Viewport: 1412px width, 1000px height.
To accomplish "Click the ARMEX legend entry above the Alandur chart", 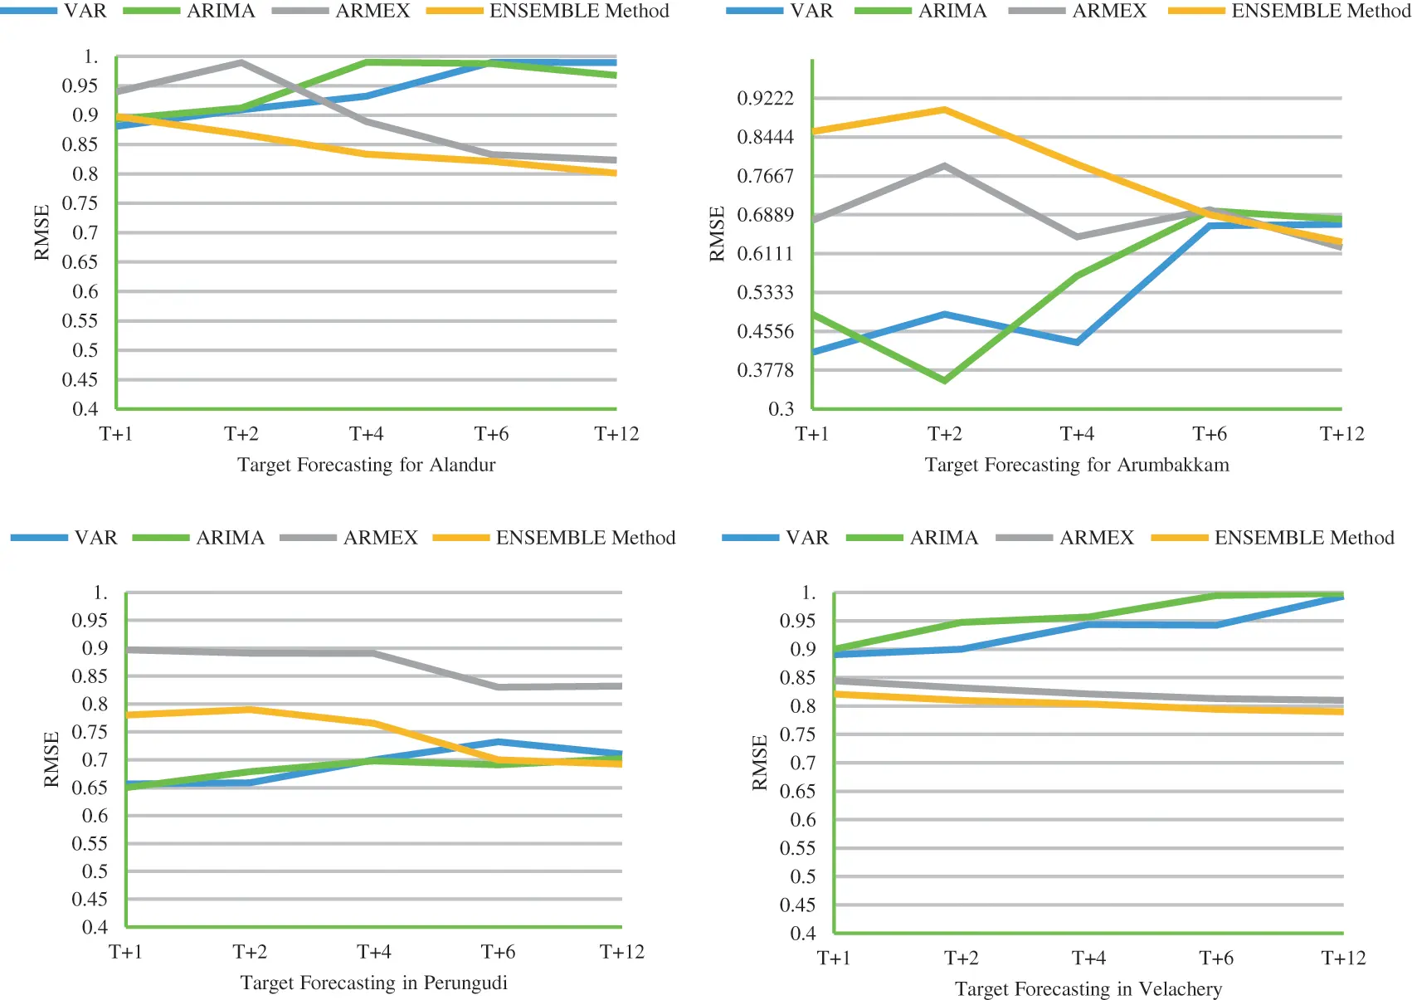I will pos(372,11).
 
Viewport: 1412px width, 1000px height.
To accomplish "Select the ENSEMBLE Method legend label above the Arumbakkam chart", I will pos(1321,11).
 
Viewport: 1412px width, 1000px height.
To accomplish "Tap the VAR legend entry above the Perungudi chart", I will pos(95,538).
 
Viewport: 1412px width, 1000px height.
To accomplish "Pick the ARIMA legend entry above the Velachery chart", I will pos(943,538).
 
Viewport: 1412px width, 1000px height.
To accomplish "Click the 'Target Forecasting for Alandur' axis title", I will pos(366,465).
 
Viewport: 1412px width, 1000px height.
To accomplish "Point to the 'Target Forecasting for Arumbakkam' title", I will pos(1077,465).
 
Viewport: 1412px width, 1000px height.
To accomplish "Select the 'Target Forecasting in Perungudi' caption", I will pos(373,983).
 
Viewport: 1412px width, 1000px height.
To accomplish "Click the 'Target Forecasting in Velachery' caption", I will pos(1088,989).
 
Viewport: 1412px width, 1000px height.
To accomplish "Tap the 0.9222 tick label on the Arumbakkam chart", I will pos(765,99).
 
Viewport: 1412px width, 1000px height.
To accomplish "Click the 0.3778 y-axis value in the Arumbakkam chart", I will pos(765,370).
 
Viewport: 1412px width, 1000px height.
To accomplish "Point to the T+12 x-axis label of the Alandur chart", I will pos(616,434).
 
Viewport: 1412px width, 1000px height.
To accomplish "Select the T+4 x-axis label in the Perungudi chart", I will pos(373,952).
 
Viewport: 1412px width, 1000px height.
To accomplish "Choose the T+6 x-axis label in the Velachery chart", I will pos(1215,959).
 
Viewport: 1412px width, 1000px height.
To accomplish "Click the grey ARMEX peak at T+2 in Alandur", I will pos(241,62).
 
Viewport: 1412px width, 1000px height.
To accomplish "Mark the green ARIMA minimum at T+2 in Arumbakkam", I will pos(944,380).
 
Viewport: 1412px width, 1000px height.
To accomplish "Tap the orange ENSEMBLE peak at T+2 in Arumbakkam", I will pos(944,110).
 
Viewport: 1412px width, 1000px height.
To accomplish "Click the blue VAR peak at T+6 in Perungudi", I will pos(498,742).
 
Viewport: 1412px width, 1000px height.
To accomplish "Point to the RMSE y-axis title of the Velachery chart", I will pos(759,762).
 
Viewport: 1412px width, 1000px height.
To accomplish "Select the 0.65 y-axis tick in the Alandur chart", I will pos(80,262).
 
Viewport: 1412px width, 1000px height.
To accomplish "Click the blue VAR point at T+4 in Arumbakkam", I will pos(1077,342).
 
